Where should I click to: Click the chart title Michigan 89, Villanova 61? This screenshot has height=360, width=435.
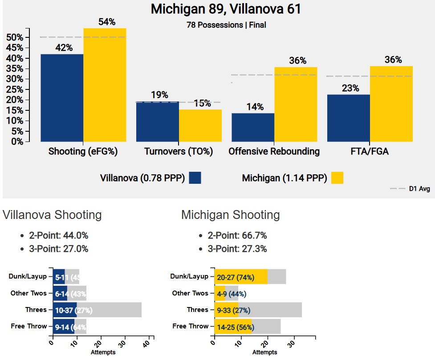coord(226,9)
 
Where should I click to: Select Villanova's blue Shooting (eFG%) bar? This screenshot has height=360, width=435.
coord(62,98)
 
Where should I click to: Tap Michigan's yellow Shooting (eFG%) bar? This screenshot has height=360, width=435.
coord(105,85)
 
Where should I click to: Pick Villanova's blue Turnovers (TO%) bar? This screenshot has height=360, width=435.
coord(157,121)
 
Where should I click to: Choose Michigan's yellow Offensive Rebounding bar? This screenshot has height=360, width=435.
coord(296,104)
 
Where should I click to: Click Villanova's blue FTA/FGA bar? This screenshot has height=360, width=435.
coord(348,118)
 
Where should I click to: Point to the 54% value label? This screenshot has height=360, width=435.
coord(106,22)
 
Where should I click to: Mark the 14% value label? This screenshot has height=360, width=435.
coord(254,107)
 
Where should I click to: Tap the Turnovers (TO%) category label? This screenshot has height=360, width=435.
coord(179,152)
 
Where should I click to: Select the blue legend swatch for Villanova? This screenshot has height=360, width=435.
coord(195,178)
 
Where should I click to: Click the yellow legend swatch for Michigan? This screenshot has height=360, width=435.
coord(337,178)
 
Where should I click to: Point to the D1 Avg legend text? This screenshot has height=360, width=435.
coord(419,189)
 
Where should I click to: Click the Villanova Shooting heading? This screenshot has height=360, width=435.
coord(52,215)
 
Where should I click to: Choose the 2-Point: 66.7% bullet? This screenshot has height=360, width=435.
coord(237,236)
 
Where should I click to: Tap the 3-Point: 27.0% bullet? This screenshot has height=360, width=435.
coord(59,249)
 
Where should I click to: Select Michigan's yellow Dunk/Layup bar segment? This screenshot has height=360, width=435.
coord(241,277)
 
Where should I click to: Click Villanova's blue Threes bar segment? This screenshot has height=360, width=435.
coord(65,310)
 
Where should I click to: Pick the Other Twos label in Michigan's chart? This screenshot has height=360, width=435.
coord(190,293)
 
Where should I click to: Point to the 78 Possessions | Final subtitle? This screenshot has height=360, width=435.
coord(226,25)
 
